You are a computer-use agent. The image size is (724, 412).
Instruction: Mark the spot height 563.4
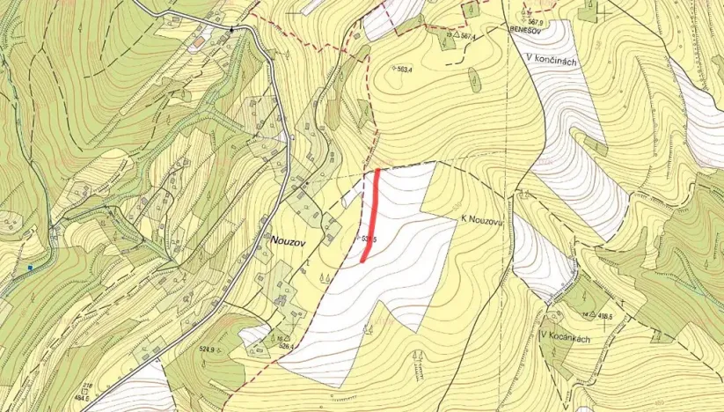(x=406, y=69)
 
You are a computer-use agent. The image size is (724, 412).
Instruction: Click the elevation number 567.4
(x=468, y=37)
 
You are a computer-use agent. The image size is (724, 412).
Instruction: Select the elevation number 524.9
(x=208, y=350)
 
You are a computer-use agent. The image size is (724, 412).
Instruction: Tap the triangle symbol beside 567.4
(x=455, y=35)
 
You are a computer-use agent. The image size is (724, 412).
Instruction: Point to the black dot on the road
(x=232, y=30)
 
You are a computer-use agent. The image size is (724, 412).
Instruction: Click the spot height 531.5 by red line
(x=369, y=239)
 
